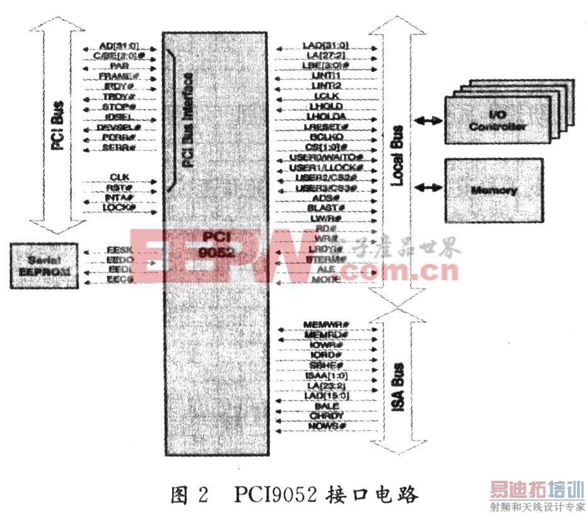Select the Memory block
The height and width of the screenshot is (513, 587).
[x=494, y=189]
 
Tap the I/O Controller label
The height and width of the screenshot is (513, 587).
[x=498, y=121]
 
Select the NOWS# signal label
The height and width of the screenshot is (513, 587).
[x=326, y=426]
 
